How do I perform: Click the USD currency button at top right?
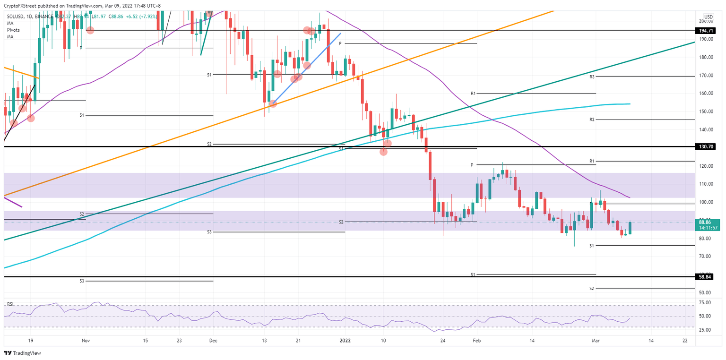[708, 17]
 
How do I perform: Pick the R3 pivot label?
[591, 76]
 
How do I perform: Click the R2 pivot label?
[591, 120]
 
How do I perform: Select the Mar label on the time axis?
[596, 340]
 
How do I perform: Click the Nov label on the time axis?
[86, 340]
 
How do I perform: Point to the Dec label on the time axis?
[213, 340]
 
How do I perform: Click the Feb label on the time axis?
[477, 340]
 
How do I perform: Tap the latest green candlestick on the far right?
[630, 228]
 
